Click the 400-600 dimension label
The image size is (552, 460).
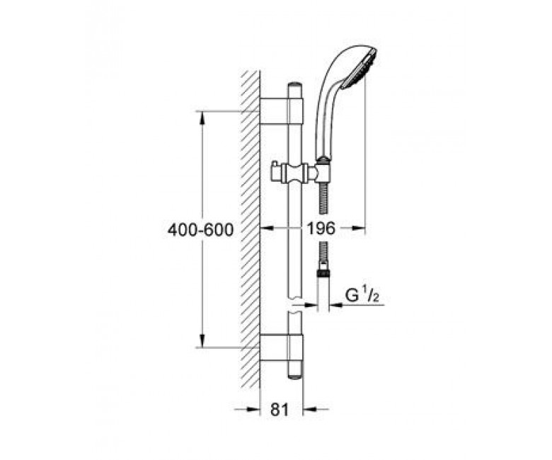point(200,230)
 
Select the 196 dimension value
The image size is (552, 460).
point(321,229)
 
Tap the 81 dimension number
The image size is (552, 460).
point(280,409)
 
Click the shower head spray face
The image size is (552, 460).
point(371,67)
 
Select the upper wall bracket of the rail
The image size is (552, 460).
point(281,111)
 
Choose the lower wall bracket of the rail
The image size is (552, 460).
point(281,347)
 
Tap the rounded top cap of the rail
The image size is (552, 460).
point(295,86)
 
